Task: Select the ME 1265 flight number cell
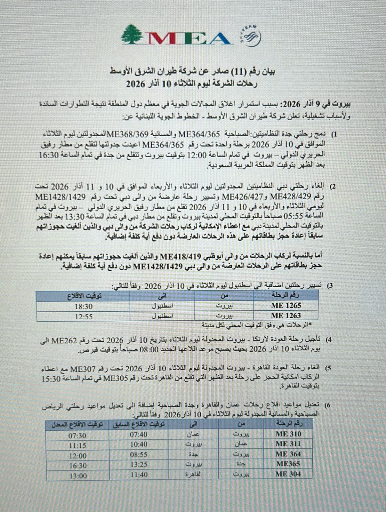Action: (286, 305)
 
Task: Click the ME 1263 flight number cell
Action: (286, 316)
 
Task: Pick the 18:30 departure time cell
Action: (84, 306)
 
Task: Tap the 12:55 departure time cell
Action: (84, 316)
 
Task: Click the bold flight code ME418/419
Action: (180, 256)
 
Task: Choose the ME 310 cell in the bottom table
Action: (288, 434)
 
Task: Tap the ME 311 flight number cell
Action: (288, 444)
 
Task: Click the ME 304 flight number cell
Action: (288, 474)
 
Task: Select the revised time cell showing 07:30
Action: (77, 436)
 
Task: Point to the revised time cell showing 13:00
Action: (77, 476)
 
